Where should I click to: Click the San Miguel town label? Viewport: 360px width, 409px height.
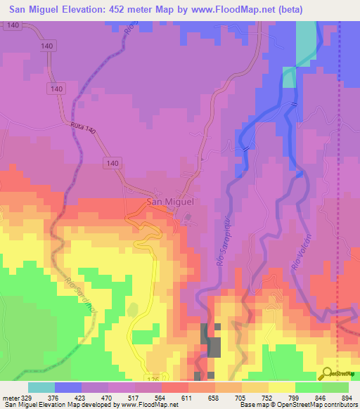[169, 202]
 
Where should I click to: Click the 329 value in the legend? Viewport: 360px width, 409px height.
[28, 398]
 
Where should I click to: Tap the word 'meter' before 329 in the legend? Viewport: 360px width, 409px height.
[10, 398]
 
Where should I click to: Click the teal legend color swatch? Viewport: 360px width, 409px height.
[41, 387]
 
